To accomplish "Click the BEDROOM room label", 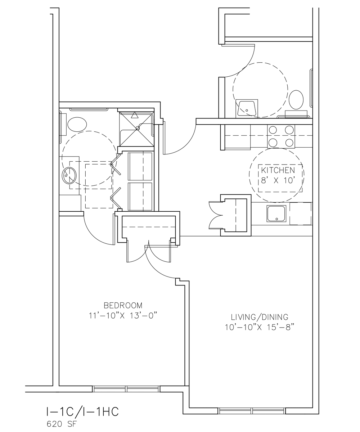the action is click(x=123, y=305).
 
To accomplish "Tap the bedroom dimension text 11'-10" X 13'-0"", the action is click(x=123, y=316).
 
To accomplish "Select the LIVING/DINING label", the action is click(x=260, y=317).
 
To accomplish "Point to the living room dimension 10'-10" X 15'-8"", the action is click(x=260, y=327).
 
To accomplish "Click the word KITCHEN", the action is click(x=278, y=170).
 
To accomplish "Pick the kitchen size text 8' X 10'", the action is click(x=278, y=180).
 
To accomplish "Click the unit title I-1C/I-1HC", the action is click(x=82, y=411).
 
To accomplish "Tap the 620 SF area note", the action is click(x=62, y=424).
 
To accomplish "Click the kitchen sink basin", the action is click(x=276, y=213).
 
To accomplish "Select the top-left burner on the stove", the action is click(x=273, y=130).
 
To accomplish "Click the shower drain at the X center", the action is click(x=138, y=128).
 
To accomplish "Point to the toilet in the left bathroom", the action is click(x=77, y=124).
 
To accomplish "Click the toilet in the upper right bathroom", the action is click(x=296, y=100).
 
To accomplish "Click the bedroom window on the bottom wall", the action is click(x=126, y=389).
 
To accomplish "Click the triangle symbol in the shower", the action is click(x=135, y=115).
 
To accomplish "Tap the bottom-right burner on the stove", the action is click(x=289, y=143).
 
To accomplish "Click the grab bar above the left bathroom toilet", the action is click(x=89, y=109).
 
